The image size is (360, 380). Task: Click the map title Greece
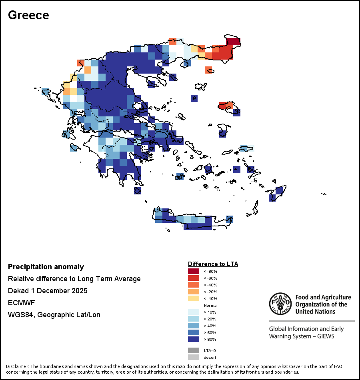28,15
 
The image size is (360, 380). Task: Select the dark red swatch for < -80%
193,271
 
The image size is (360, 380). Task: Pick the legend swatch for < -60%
193,278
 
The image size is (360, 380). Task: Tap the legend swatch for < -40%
193,285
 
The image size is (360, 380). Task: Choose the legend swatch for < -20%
193,292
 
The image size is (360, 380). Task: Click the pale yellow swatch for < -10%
193,298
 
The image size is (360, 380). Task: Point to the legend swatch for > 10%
193,312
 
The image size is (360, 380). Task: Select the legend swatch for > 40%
193,326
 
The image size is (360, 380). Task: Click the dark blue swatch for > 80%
193,339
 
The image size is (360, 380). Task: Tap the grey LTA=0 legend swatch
193,350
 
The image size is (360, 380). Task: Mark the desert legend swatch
193,357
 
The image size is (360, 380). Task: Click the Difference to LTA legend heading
213,264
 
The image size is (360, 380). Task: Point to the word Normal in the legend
210,305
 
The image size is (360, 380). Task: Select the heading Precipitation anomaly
46,267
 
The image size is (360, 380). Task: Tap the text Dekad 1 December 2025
48,291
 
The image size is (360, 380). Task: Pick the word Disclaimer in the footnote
17,366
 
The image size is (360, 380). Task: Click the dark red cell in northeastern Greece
234,42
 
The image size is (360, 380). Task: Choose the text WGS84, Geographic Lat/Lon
54,315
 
